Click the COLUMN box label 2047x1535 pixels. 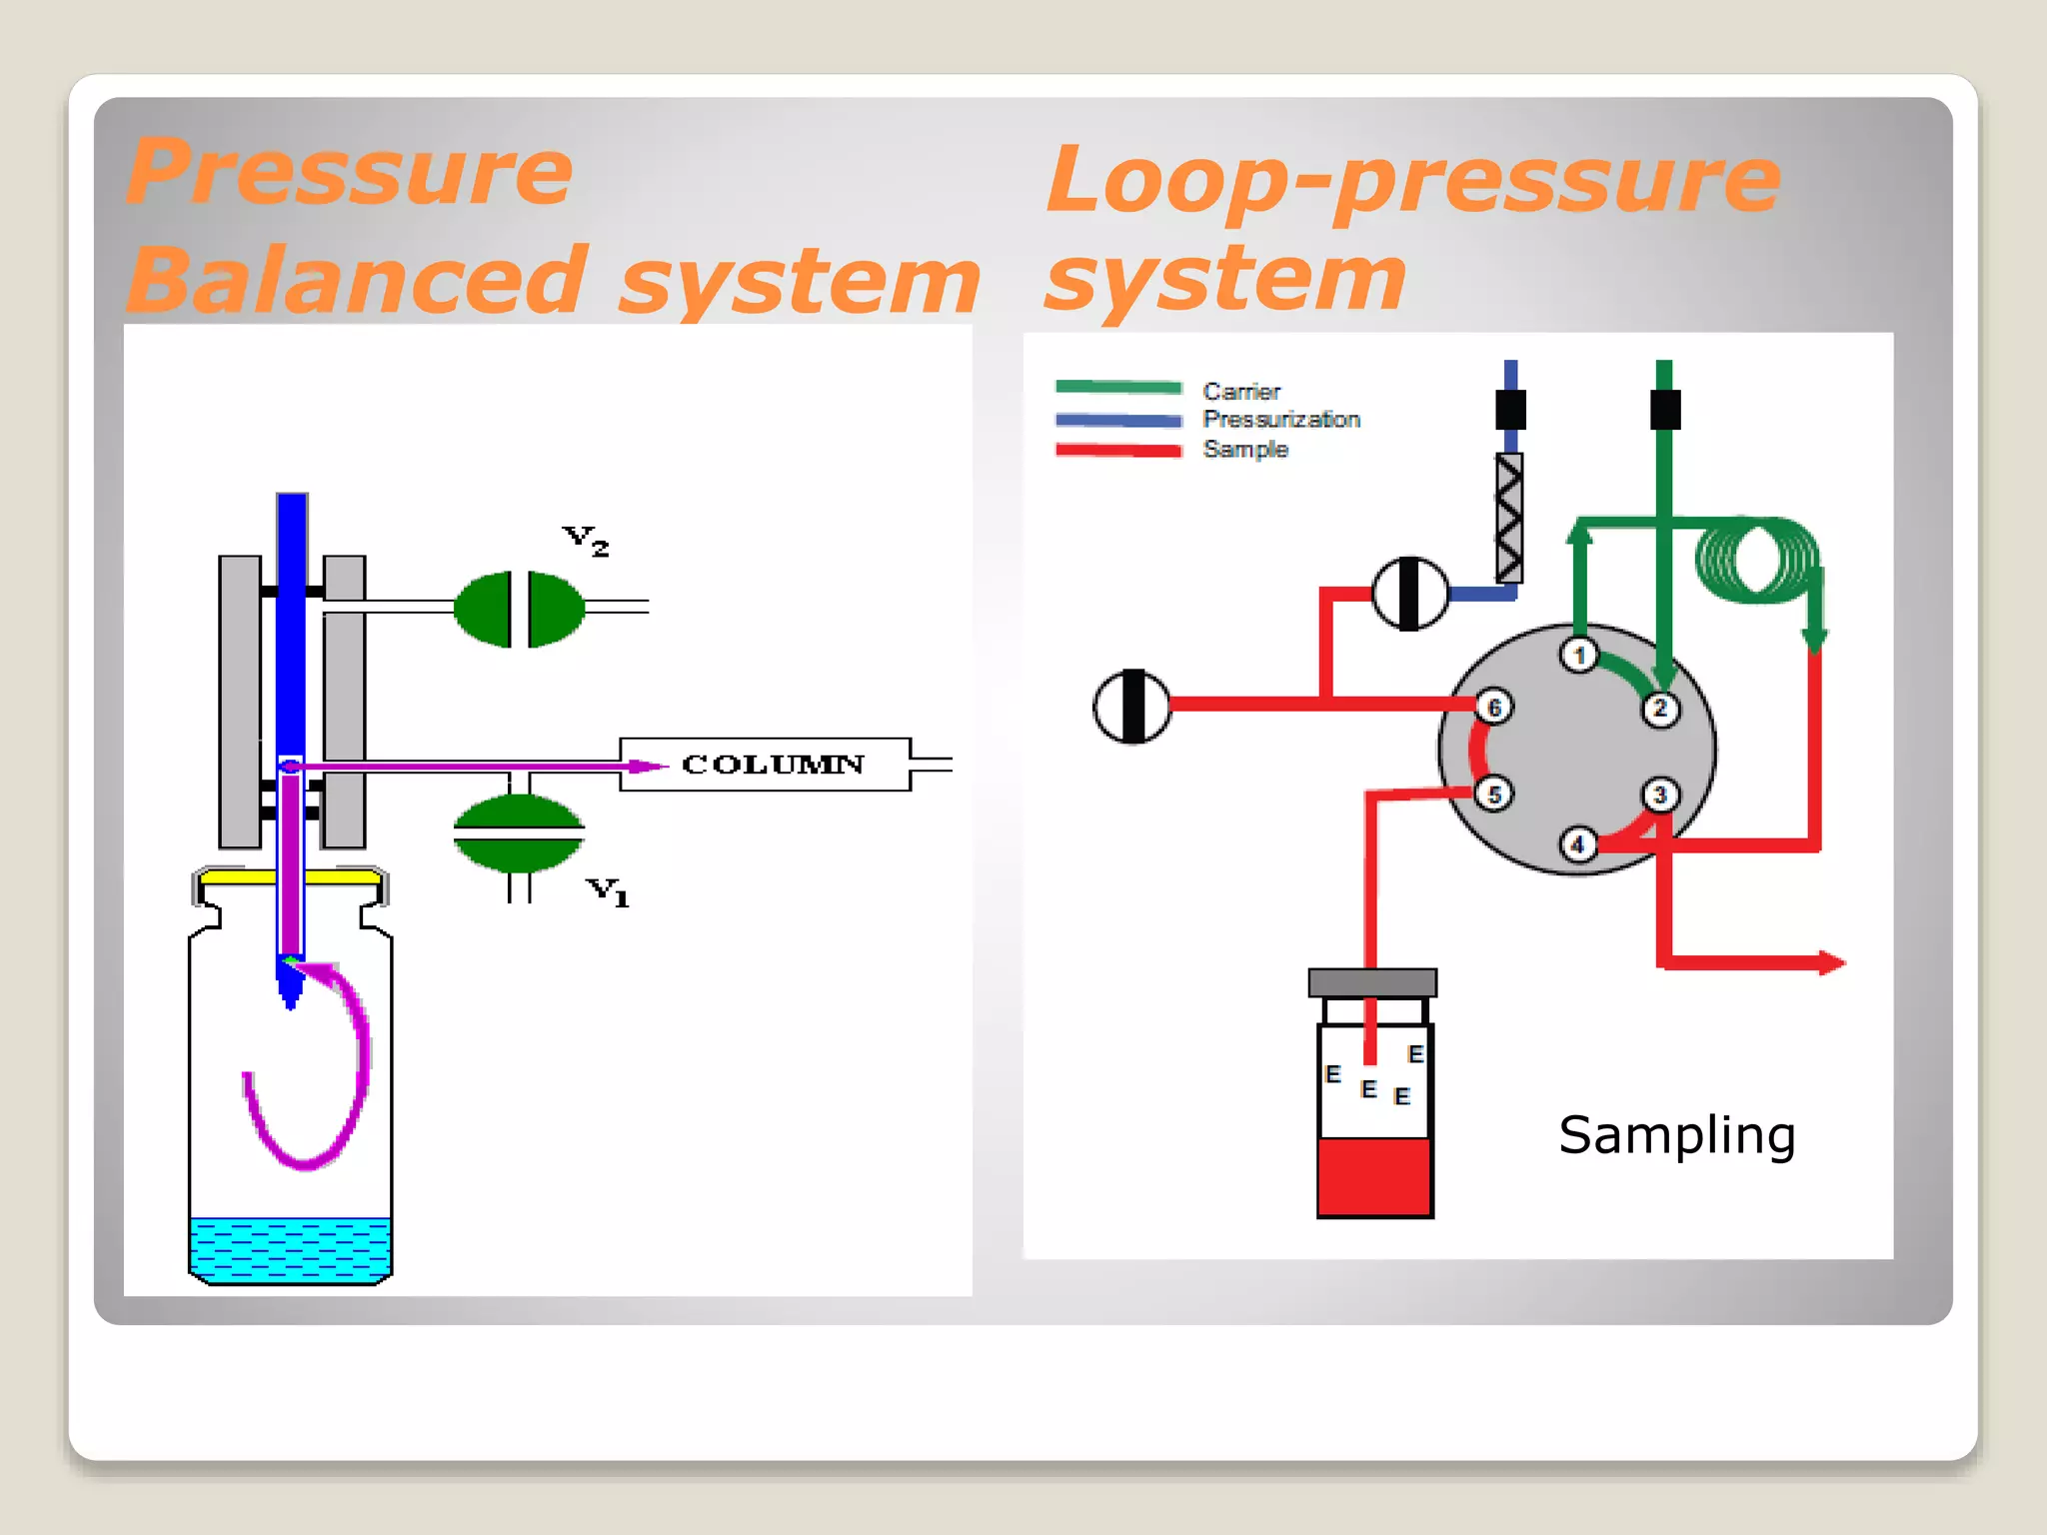pos(772,765)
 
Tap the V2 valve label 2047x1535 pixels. pos(586,541)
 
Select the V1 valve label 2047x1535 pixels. pos(608,890)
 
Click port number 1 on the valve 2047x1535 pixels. pos(1579,656)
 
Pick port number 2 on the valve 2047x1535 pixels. pos(1660,710)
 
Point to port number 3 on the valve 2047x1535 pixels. pos(1660,795)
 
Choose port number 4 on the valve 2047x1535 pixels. pos(1578,845)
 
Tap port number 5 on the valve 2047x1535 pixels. pos(1494,794)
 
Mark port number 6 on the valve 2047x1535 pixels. pos(1494,708)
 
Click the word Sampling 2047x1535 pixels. pos(1676,1135)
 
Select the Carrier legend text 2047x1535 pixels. pos(1240,391)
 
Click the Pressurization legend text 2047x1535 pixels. pos(1280,420)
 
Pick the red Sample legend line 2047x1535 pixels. pos(1117,451)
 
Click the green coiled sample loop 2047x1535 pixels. pos(1757,560)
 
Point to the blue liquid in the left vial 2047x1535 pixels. pos(290,1248)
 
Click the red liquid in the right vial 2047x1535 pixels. pos(1374,1177)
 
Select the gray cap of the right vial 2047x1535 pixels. pos(1372,982)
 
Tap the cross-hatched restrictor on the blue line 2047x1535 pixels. pos(1509,518)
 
